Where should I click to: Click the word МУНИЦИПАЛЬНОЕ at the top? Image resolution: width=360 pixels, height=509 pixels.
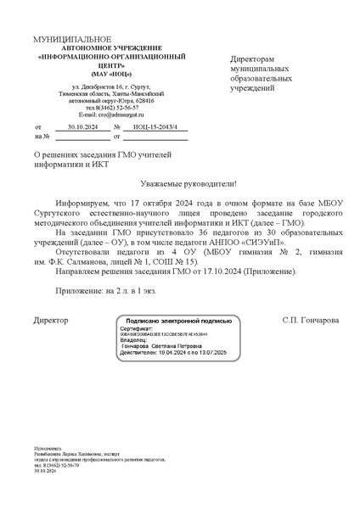pos(72,41)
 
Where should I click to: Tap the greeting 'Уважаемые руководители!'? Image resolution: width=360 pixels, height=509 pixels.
pos(187,184)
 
